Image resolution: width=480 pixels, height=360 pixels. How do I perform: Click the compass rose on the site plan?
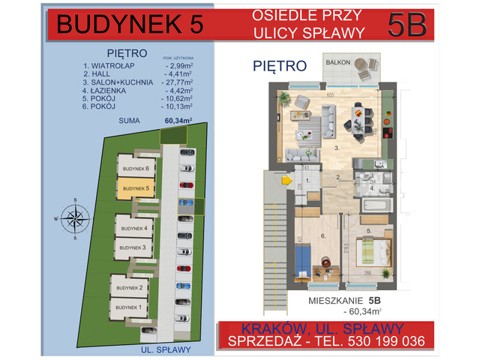tap(75, 219)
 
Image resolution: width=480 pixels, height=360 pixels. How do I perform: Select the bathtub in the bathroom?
tap(376, 203)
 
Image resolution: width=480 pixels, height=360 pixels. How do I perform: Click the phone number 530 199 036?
tap(383, 342)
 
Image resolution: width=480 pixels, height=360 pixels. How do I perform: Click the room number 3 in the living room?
tap(337, 148)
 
